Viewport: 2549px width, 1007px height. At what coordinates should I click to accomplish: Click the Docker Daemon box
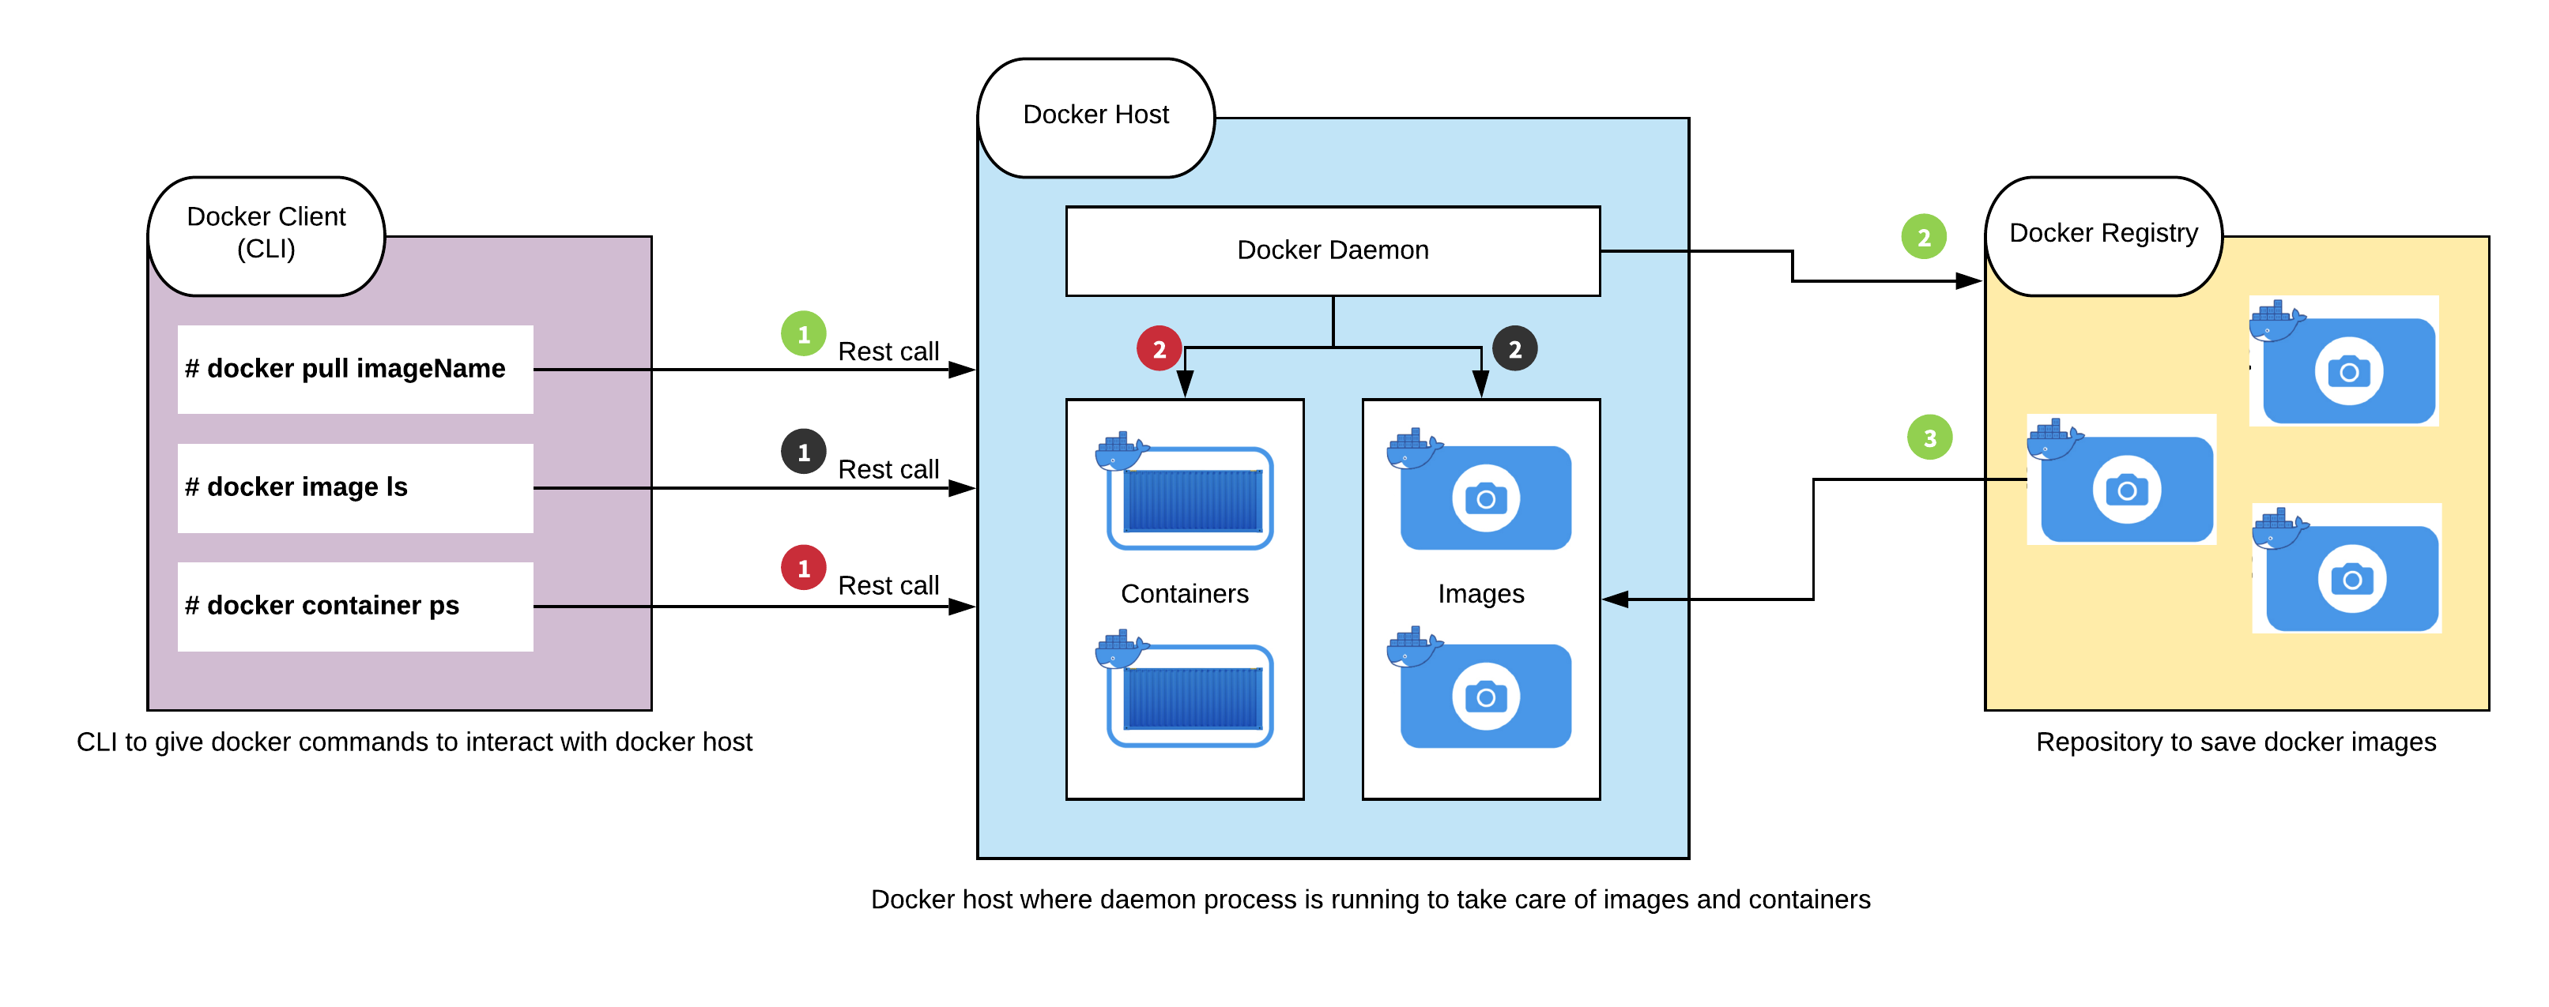pyautogui.click(x=1332, y=250)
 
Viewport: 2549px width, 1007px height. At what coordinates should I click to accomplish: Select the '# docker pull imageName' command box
pyautogui.click(x=355, y=369)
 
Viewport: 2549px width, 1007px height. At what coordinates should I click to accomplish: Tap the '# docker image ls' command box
pyautogui.click(x=355, y=487)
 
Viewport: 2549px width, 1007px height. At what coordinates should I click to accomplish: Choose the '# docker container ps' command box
pyautogui.click(x=355, y=607)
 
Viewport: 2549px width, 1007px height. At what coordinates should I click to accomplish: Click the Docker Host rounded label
pyautogui.click(x=1095, y=117)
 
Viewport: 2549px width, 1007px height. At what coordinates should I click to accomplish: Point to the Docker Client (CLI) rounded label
pyautogui.click(x=266, y=235)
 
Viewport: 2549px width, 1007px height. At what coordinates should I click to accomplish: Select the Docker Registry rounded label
pyautogui.click(x=2104, y=235)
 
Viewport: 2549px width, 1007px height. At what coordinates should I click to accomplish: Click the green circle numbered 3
pyautogui.click(x=1929, y=438)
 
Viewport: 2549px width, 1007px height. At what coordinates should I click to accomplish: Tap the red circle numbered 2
pyautogui.click(x=1159, y=348)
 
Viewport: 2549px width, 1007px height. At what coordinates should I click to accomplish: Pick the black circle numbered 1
pyautogui.click(x=804, y=452)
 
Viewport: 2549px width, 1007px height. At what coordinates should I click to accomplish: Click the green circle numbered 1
pyautogui.click(x=804, y=334)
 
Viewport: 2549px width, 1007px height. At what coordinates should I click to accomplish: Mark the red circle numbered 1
pyautogui.click(x=804, y=568)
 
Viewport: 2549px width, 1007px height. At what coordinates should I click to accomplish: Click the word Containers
pyautogui.click(x=1185, y=593)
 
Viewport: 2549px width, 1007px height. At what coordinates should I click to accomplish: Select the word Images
pyautogui.click(x=1480, y=593)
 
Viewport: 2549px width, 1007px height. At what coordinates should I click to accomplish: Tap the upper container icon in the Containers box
pyautogui.click(x=1185, y=490)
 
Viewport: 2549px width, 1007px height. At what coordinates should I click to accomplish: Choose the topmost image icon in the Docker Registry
pyautogui.click(x=2343, y=361)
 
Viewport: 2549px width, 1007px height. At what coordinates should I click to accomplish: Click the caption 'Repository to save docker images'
pyautogui.click(x=2235, y=742)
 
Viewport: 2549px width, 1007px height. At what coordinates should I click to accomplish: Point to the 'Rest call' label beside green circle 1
pyautogui.click(x=888, y=351)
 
